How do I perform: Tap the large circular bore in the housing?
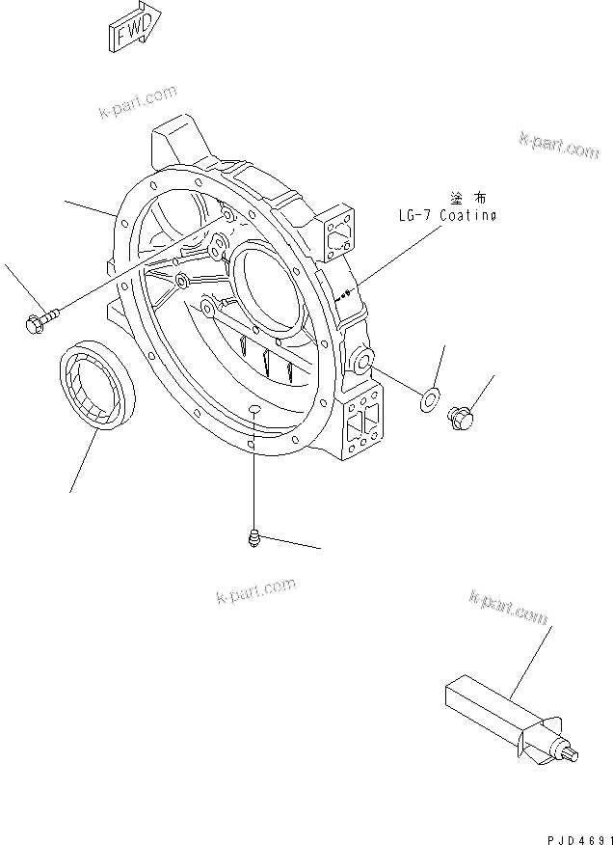269,289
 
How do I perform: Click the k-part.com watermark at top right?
558,146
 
